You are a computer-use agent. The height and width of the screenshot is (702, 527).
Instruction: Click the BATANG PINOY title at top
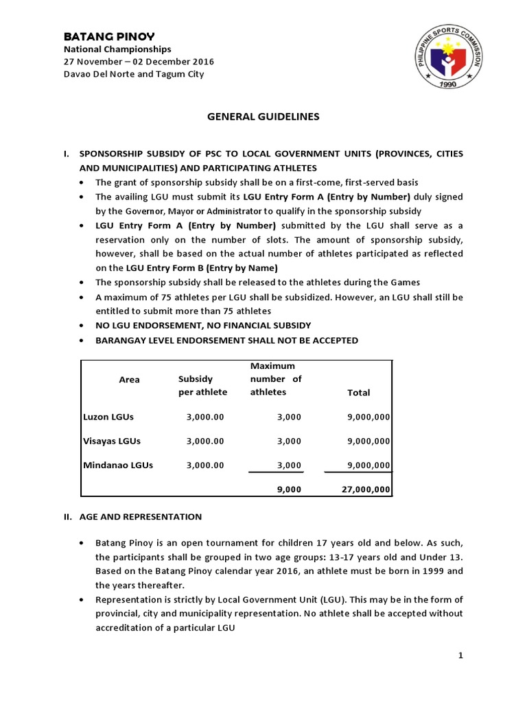tap(109, 36)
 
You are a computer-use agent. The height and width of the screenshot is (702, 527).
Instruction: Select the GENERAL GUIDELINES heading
tap(263, 117)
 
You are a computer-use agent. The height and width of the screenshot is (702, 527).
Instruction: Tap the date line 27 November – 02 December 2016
tap(139, 62)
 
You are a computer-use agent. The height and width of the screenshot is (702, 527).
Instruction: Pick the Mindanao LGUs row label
tap(118, 465)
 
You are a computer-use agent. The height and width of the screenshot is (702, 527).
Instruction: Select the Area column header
tap(129, 380)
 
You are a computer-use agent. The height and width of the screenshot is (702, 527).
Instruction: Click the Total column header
tap(358, 393)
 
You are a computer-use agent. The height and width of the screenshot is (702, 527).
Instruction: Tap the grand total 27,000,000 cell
tap(366, 489)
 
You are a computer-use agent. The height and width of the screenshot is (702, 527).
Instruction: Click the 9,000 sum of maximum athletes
tap(289, 489)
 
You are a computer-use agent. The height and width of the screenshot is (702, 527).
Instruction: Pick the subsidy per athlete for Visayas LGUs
tap(205, 441)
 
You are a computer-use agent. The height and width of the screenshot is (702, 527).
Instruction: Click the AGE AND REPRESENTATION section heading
tap(140, 516)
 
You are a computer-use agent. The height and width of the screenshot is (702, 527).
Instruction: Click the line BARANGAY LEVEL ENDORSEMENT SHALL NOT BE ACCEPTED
tap(226, 341)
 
